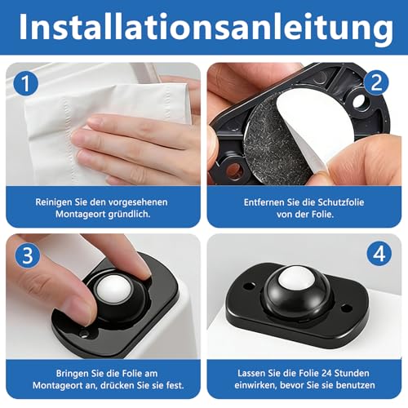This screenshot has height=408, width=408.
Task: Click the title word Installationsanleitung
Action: click(x=203, y=28)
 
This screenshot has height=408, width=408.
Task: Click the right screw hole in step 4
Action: click(x=346, y=309)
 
